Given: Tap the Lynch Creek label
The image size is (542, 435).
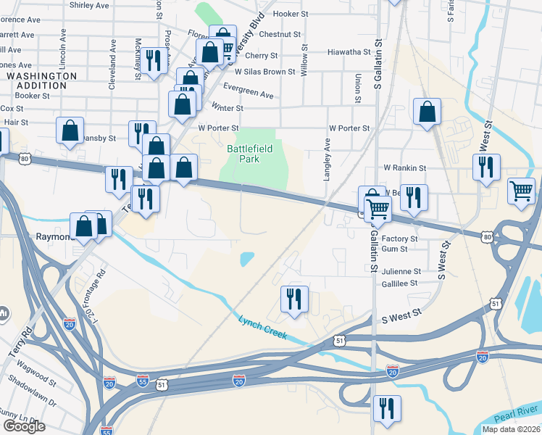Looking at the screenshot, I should [x=263, y=327].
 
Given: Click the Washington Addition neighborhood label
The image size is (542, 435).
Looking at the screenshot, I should [x=41, y=80].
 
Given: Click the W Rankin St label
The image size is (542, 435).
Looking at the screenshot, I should [x=404, y=167].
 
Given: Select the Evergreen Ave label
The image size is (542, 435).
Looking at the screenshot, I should [x=249, y=94].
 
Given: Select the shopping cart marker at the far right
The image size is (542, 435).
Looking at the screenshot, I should [x=521, y=191].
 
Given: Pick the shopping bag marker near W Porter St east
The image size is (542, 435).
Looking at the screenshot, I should [x=428, y=112].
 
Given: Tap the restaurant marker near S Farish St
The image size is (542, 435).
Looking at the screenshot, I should [x=486, y=167].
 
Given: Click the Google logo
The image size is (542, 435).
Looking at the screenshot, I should [x=24, y=426].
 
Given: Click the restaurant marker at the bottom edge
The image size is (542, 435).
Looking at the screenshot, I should [x=386, y=408].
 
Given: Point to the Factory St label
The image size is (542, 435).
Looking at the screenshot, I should [x=399, y=239].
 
